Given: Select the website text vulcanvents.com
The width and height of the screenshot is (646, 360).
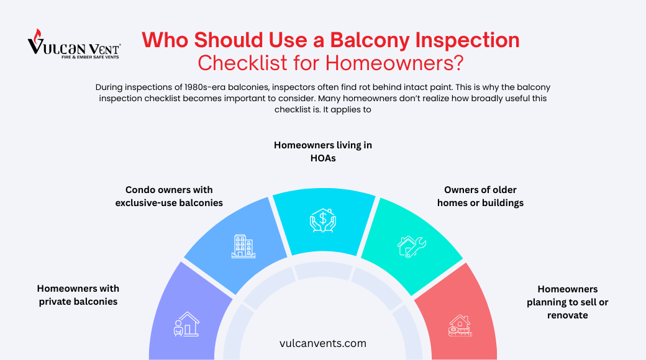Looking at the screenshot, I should point(323,343).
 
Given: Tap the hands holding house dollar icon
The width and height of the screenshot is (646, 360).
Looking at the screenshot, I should point(323,220).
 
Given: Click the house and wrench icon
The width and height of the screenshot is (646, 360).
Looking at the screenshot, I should point(411,244).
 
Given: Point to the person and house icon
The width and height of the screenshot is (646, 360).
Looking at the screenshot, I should point(186,324).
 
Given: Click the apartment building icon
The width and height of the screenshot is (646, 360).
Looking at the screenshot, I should point(243,246).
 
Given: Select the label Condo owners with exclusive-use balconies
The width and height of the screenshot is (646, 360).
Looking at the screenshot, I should point(169,196).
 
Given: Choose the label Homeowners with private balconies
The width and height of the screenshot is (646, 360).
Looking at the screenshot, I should point(78,295).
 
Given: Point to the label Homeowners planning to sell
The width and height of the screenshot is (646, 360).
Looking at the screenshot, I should point(568,302).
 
